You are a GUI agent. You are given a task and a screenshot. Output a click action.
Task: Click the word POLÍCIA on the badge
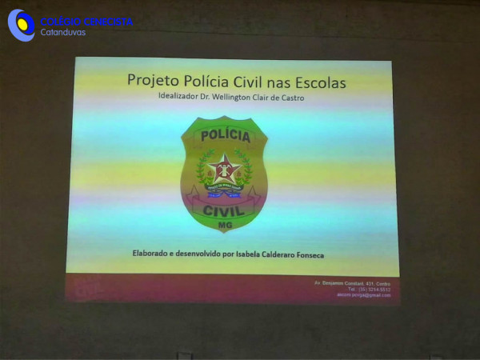tap(225, 136)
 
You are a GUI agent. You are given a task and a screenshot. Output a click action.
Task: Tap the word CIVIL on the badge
tap(224, 210)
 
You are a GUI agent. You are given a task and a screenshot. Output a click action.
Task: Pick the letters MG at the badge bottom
tap(224, 226)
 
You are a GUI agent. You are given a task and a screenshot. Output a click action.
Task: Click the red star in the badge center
tap(224, 170)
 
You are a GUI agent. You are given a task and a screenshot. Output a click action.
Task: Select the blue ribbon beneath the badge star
tap(224, 192)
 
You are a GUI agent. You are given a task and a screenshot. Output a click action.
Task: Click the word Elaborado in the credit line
tap(153, 254)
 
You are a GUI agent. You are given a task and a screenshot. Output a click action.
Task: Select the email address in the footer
tap(363, 294)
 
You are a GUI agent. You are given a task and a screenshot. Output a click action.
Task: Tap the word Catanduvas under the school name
tap(63, 33)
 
